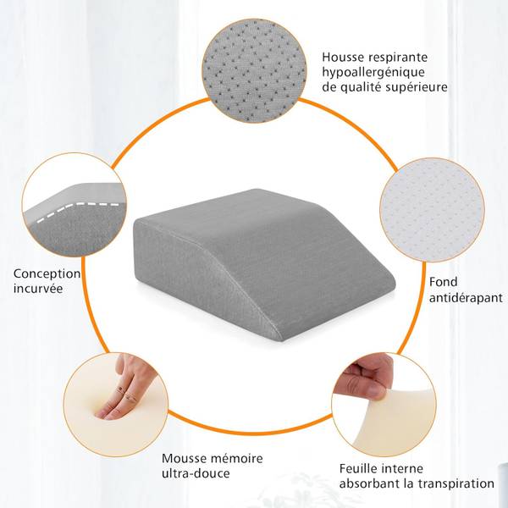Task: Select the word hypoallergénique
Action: pos(373,73)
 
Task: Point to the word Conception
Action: pos(47,274)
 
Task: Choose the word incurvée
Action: pos(38,289)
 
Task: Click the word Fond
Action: pos(443,282)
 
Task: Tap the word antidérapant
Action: pos(466,298)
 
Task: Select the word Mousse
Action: pos(184,458)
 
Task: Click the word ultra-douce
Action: pos(196,473)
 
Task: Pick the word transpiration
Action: pos(456,484)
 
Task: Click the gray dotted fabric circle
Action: pos(254,70)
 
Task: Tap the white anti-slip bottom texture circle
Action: pos(432,210)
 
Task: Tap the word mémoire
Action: pos(236,458)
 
